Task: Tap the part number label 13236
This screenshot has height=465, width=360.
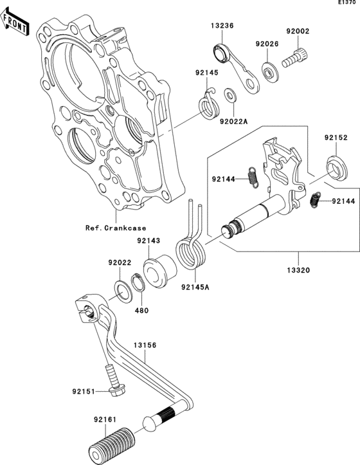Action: pos(221,26)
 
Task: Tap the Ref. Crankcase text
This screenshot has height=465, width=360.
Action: pos(115,228)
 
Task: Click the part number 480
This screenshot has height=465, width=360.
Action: pos(141,309)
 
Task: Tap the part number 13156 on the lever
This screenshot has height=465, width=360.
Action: pos(145,345)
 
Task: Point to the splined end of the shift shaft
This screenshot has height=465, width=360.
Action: pos(231,230)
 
